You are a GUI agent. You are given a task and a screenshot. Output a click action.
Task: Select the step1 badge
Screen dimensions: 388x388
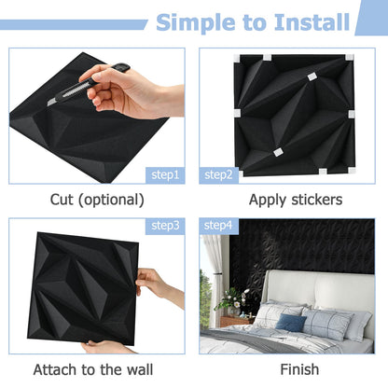[x=167, y=174]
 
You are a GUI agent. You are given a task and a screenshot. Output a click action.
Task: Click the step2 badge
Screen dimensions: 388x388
[x=218, y=174]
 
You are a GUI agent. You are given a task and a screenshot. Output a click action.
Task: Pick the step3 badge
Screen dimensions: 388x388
[x=167, y=227]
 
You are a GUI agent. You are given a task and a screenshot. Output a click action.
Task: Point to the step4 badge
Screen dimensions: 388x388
[x=218, y=227]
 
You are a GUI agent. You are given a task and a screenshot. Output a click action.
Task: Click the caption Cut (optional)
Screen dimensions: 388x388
[x=97, y=200]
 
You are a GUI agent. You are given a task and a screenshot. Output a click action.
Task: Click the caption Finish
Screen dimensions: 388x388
[x=285, y=370]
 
